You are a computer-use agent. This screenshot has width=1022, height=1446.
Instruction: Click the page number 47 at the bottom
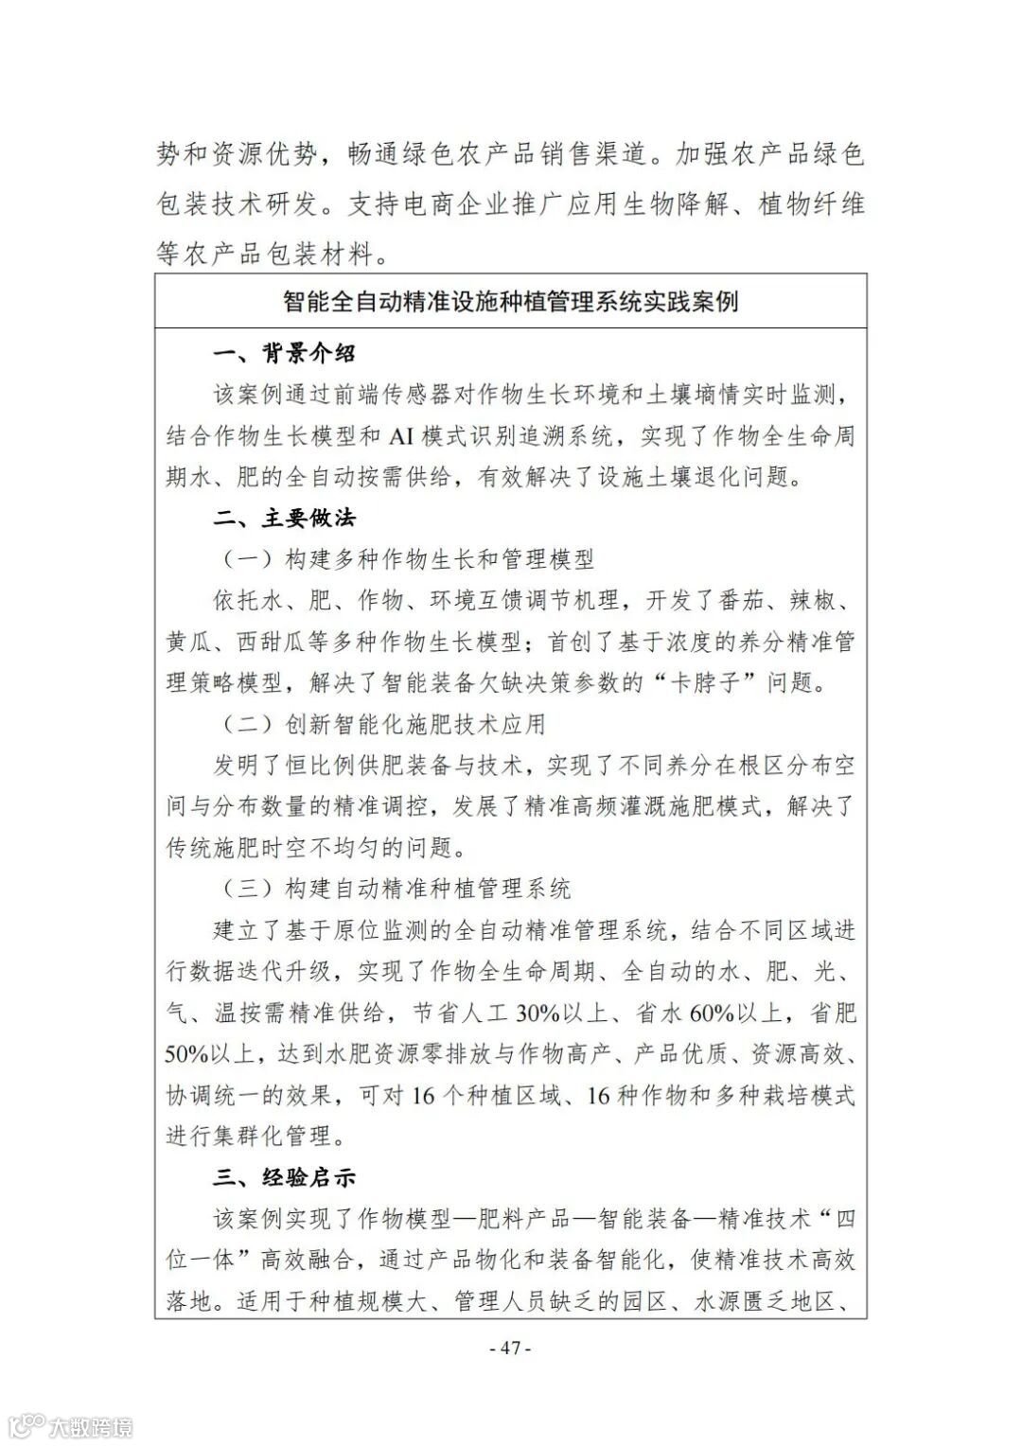click(511, 1348)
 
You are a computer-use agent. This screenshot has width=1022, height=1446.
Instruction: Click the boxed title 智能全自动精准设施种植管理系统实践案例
click(511, 302)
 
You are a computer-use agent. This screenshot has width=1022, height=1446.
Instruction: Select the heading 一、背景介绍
click(285, 354)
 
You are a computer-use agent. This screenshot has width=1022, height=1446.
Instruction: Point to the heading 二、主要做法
click(285, 519)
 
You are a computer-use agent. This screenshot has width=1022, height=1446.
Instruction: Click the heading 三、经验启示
click(285, 1178)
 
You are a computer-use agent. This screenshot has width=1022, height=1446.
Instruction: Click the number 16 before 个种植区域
click(423, 1096)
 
